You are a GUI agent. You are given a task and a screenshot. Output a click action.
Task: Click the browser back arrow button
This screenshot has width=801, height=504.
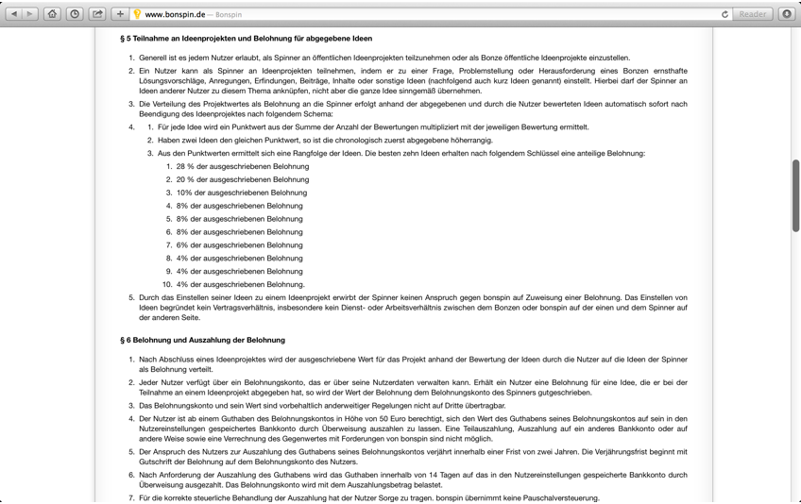[14, 14]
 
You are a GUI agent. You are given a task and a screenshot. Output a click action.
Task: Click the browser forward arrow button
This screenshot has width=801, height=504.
[30, 14]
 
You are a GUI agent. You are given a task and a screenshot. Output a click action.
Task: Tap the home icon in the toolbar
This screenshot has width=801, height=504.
[53, 14]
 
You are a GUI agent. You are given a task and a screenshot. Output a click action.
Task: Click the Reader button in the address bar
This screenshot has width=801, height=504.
[753, 14]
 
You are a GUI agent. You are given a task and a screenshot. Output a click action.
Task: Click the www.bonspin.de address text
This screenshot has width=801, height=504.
[175, 15]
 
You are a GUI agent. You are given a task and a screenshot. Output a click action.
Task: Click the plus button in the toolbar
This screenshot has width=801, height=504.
[120, 14]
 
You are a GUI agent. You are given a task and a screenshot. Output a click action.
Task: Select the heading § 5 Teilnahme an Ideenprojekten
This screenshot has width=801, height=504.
[246, 39]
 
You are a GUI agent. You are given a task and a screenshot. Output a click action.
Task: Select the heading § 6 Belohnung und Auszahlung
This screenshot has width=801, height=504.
[202, 340]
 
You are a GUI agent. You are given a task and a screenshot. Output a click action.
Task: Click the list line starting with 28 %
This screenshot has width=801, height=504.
[242, 166]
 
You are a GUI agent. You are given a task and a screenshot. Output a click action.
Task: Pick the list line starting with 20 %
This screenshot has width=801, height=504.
[242, 179]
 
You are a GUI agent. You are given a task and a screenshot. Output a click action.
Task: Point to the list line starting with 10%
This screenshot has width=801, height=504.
[241, 193]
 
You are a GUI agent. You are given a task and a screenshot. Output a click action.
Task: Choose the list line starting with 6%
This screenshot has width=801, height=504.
[239, 244]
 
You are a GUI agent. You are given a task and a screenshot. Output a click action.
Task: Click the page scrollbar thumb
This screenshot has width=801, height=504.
[795, 195]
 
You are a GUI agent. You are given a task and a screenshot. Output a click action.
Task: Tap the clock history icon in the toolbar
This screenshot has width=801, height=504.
[75, 14]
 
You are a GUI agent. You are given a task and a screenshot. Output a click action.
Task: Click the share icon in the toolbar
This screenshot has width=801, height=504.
[97, 14]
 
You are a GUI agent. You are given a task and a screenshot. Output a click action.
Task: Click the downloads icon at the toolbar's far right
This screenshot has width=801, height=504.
[787, 14]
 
